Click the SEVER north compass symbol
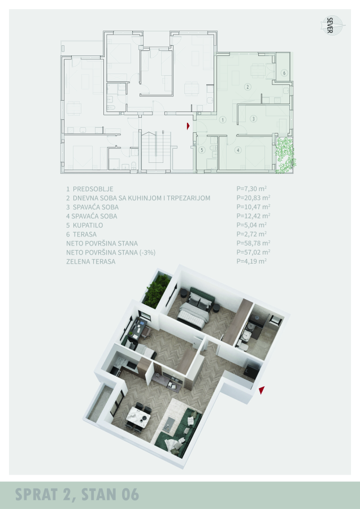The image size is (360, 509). [x=332, y=25]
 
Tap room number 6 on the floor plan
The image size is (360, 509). [x=284, y=73]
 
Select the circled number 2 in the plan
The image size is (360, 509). [x=248, y=87]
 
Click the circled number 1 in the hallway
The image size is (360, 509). [x=223, y=120]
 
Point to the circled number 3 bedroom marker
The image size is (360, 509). [x=254, y=119]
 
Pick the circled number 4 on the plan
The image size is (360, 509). [x=238, y=150]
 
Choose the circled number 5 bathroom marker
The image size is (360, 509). [x=202, y=150]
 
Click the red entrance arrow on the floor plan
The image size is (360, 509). [x=188, y=126]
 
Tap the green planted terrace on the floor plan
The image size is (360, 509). [x=285, y=155]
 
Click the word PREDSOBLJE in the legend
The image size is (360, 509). [x=93, y=189]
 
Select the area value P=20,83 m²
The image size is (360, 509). [x=253, y=198]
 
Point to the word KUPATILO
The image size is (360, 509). [x=88, y=225]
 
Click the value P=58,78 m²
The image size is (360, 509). [x=253, y=243]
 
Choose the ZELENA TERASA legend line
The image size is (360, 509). [x=91, y=262]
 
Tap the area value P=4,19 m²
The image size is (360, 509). [x=251, y=261]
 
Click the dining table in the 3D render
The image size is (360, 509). [x=138, y=416]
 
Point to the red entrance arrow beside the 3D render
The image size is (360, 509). [x=262, y=390]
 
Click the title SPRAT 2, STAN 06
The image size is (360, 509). [x=77, y=495]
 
